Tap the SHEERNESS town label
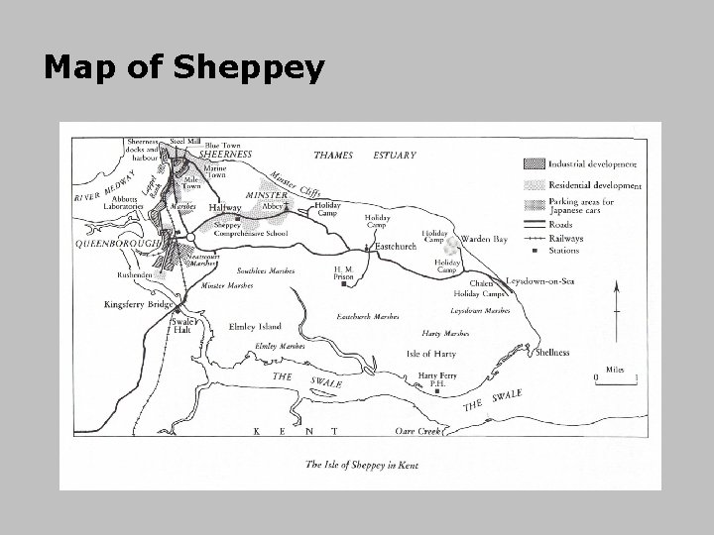(226, 155)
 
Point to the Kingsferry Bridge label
(140, 305)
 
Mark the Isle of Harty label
(431, 354)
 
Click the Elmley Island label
(256, 325)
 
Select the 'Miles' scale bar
(615, 374)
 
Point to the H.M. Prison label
(344, 272)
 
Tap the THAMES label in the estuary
(333, 155)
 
